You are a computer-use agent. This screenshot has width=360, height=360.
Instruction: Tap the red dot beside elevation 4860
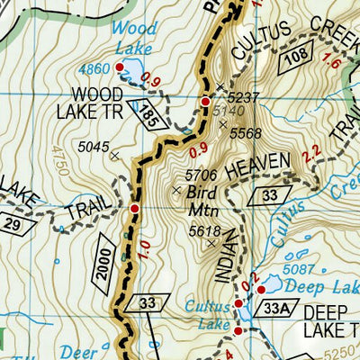(119, 67)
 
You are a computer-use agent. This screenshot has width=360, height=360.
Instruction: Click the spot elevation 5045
(94, 146)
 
